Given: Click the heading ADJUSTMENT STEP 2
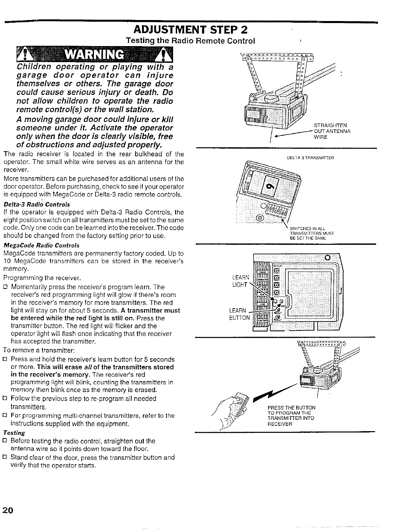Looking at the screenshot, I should click(x=190, y=30).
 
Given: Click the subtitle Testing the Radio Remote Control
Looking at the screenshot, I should click(x=190, y=41).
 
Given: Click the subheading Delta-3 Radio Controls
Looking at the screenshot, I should click(x=37, y=204).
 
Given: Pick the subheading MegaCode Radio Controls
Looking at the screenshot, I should click(x=41, y=245).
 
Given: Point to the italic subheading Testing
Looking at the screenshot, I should click(x=14, y=433).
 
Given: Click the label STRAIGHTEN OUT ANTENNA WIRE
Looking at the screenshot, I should click(x=332, y=131).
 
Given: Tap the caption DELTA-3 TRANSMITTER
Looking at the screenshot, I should click(x=311, y=158).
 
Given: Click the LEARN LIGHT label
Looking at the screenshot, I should click(x=240, y=281).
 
